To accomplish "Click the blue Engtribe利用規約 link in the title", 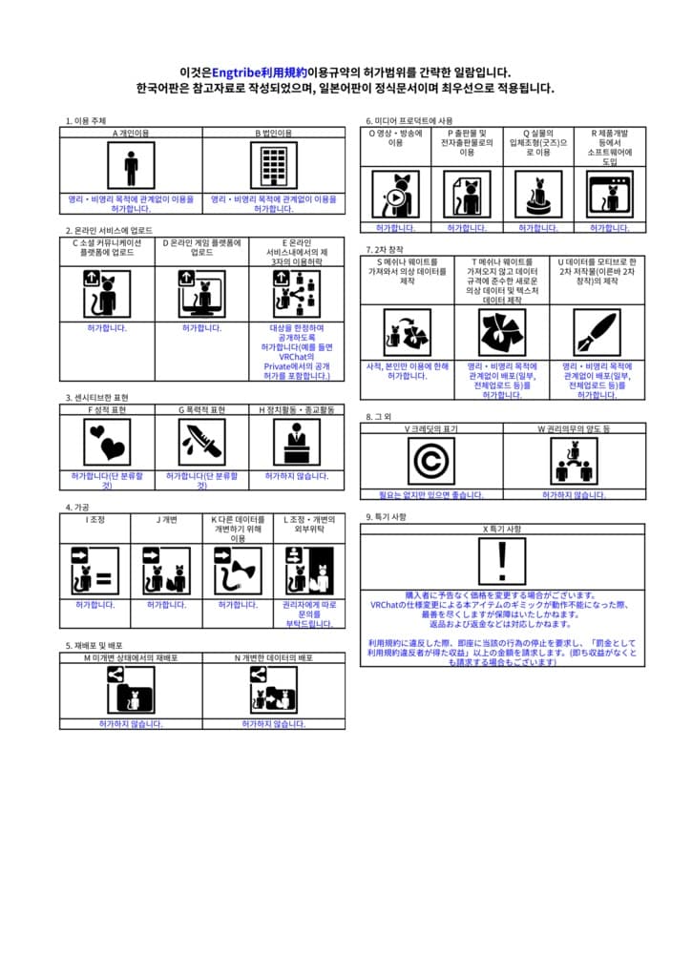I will [259, 73].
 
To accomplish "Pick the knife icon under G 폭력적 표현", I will [202, 442].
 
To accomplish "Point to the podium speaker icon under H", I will [297, 442].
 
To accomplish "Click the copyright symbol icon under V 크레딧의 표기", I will [431, 461].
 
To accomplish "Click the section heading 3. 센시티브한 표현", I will [97, 397].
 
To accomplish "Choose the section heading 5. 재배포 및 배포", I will [94, 646].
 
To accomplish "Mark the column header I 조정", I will [94, 520].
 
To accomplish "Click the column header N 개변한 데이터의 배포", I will [274, 657].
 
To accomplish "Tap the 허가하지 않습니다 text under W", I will [574, 495].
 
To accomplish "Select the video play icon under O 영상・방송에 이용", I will [395, 195].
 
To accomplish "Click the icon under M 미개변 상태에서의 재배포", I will [131, 691].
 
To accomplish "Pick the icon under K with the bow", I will [238, 571].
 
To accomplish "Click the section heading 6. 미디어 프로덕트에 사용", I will [410, 121].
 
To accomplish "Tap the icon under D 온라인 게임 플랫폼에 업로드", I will [202, 293].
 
